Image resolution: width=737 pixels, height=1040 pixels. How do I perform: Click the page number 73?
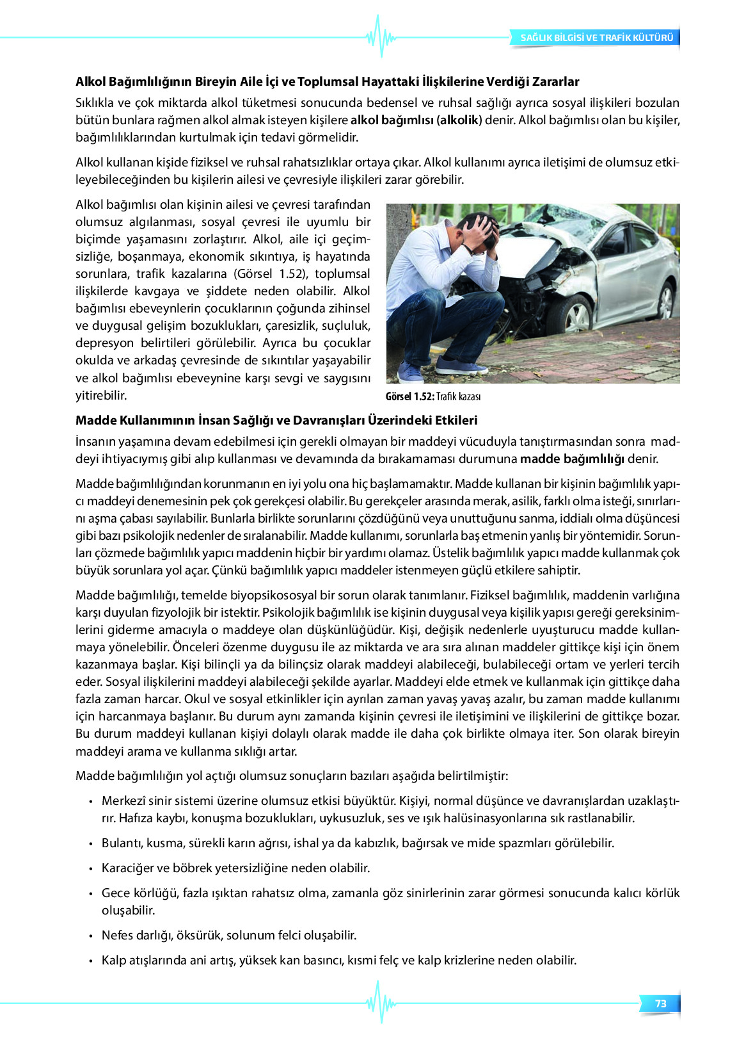pyautogui.click(x=661, y=1003)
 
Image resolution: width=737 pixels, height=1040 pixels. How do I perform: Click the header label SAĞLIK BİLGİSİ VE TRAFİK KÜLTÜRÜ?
pyautogui.click(x=596, y=38)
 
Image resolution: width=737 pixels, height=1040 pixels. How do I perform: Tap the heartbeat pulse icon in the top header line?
pyautogui.click(x=381, y=37)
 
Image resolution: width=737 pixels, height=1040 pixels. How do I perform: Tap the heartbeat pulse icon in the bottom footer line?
pyautogui.click(x=381, y=1002)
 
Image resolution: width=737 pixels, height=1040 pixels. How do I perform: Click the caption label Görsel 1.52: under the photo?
pyautogui.click(x=409, y=397)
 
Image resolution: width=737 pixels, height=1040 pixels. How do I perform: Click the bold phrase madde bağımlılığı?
pyautogui.click(x=572, y=459)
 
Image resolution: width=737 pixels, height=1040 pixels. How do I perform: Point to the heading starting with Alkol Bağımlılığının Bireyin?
pyautogui.click(x=327, y=82)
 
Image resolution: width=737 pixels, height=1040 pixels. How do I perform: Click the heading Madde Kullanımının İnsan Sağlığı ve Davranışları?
pyautogui.click(x=276, y=421)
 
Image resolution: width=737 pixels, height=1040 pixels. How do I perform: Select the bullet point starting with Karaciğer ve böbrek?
pyautogui.click(x=235, y=868)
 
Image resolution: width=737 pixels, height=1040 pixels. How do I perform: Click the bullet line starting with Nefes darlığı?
pyautogui.click(x=229, y=936)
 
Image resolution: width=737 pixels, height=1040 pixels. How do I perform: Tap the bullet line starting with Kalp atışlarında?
pyautogui.click(x=339, y=961)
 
